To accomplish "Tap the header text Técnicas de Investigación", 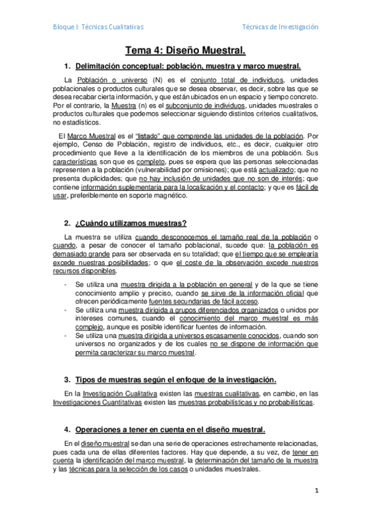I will coord(280,27).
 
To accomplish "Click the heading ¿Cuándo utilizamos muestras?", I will coord(131,223).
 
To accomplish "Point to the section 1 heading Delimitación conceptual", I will coord(188,66).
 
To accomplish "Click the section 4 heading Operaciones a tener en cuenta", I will coord(170,430).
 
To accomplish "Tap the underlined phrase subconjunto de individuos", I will coord(205,105).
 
